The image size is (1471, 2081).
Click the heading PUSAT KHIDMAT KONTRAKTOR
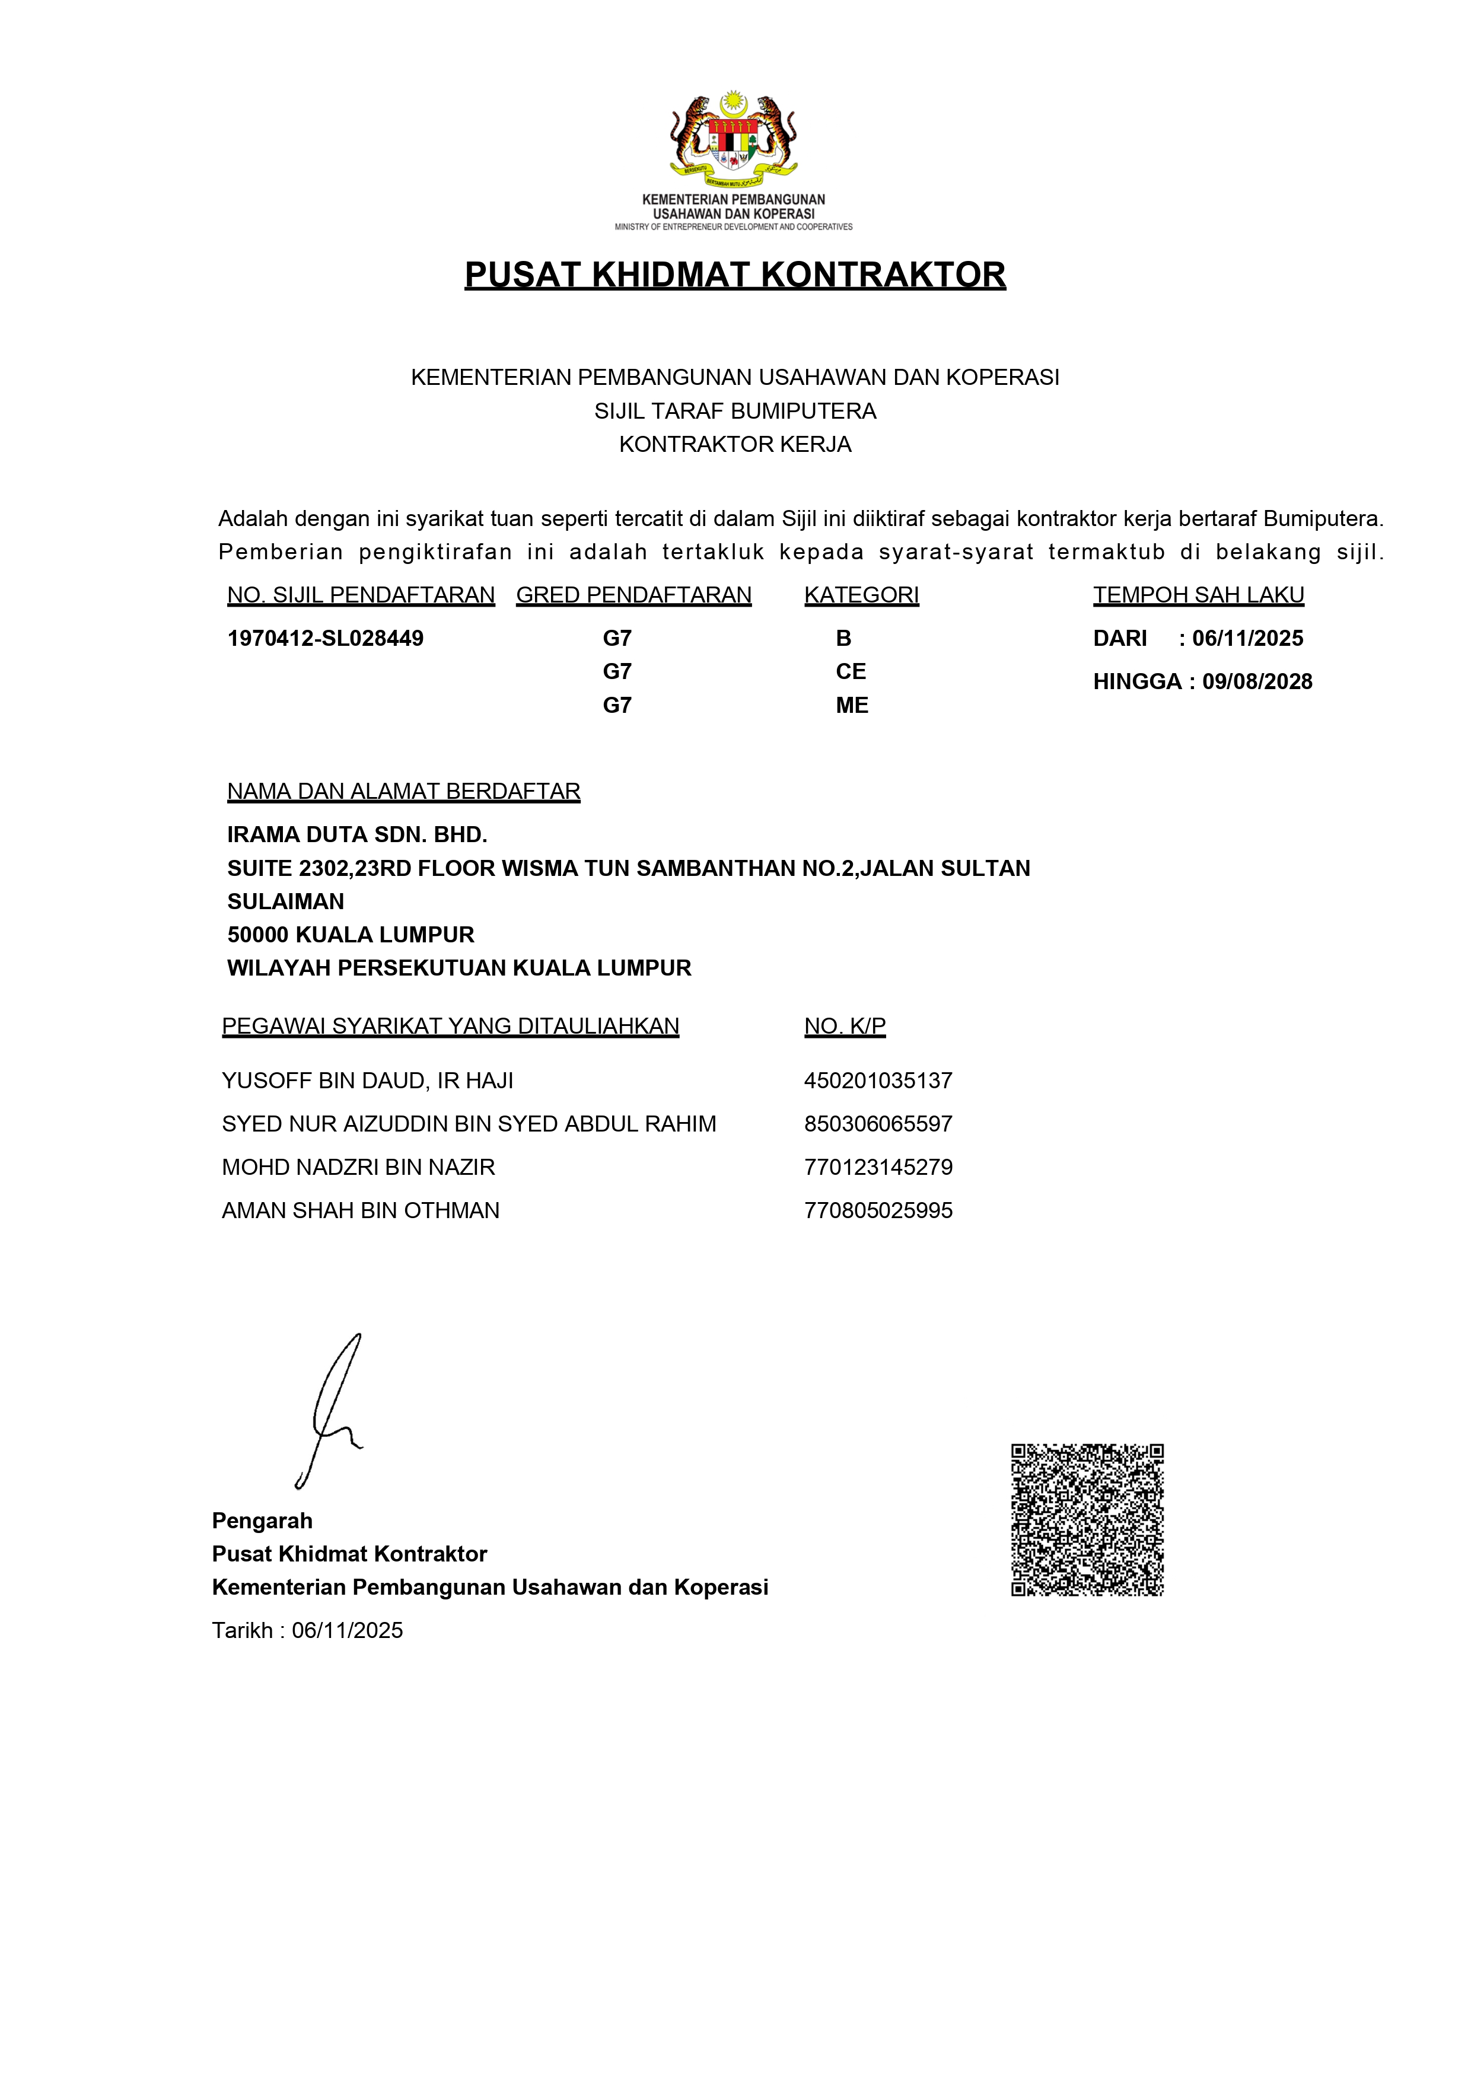point(734,275)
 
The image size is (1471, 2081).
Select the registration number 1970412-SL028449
point(326,638)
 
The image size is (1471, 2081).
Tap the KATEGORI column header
point(861,595)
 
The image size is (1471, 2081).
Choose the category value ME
point(851,705)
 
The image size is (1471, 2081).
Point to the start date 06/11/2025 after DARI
point(1247,638)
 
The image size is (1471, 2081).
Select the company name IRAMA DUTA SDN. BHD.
point(357,835)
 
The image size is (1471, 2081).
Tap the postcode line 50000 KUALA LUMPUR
point(351,935)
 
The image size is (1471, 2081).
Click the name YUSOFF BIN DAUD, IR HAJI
point(367,1081)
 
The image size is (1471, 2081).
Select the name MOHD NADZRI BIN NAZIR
point(358,1167)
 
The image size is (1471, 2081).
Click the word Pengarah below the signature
point(262,1521)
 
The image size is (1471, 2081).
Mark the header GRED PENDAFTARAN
point(633,595)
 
